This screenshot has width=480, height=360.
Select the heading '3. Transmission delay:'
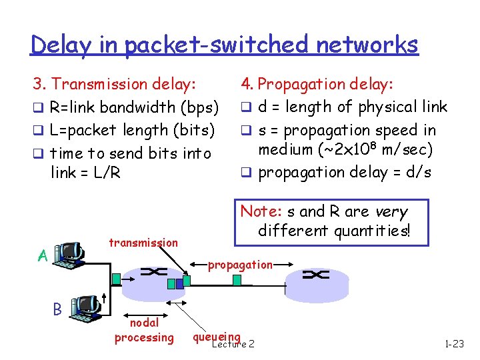coord(115,84)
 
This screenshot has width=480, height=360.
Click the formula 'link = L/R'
coord(85,173)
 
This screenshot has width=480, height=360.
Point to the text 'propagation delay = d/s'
coord(344,173)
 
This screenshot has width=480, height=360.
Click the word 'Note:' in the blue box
coord(261,211)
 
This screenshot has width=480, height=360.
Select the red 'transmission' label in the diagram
coord(143,243)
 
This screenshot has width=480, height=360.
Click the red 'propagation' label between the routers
coord(240,265)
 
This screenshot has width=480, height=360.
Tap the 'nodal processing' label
coord(144,331)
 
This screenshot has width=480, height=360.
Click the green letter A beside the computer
coord(41,256)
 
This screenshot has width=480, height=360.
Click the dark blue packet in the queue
coord(171,283)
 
